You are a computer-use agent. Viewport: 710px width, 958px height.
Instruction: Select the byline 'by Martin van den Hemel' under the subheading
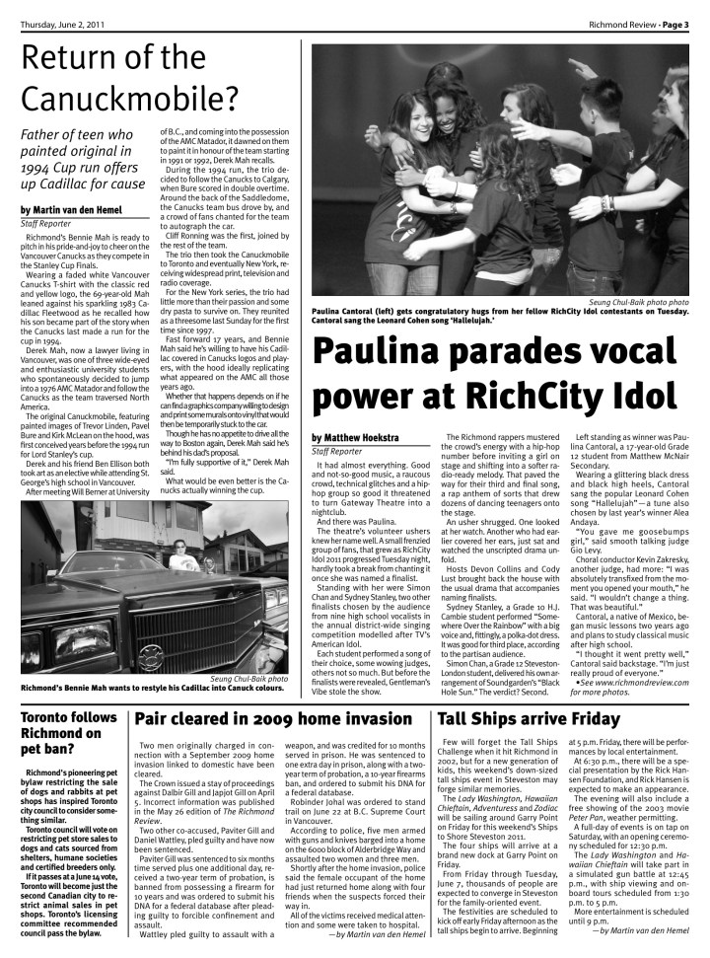(x=82, y=209)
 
